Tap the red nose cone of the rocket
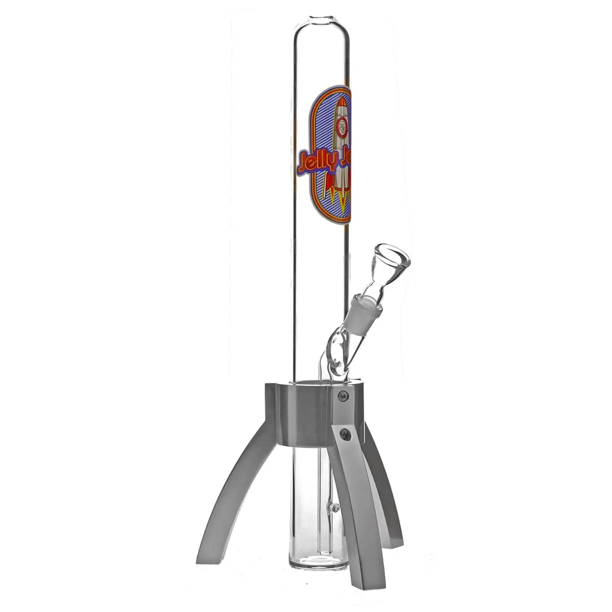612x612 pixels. (x=343, y=105)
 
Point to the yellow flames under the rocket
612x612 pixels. (x=339, y=197)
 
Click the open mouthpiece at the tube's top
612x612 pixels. (x=322, y=21)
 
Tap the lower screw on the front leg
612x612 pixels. (x=346, y=435)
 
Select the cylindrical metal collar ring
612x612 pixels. (x=301, y=413)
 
